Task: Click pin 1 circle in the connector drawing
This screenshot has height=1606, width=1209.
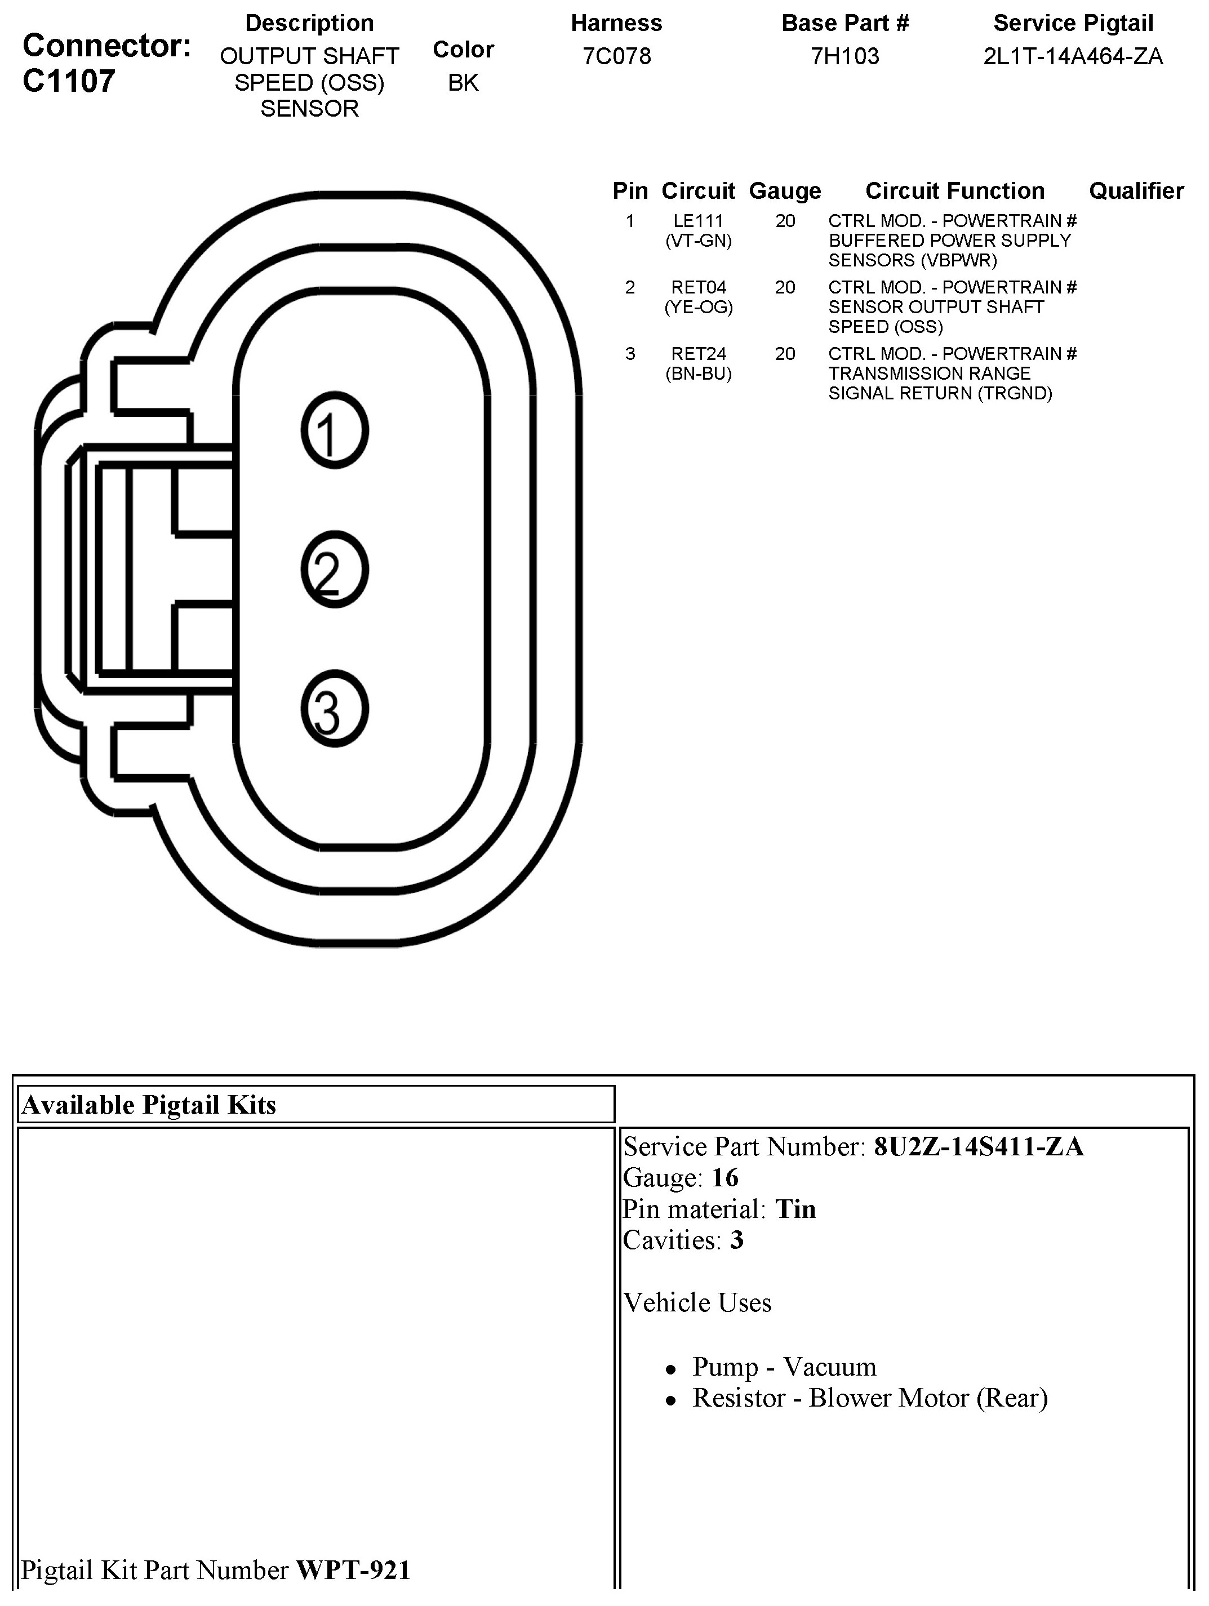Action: pos(335,430)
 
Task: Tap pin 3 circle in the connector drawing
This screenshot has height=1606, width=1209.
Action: pos(335,709)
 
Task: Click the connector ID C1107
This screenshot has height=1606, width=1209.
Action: pos(69,81)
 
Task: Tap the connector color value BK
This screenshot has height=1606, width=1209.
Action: pos(463,83)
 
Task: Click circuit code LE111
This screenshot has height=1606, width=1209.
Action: pos(698,221)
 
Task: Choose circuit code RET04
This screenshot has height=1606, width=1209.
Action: pos(698,287)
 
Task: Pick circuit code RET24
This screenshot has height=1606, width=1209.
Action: pos(698,354)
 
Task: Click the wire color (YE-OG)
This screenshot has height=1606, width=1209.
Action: pos(699,307)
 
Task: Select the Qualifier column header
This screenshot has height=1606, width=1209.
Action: pos(1136,191)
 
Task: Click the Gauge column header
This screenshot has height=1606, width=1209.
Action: pos(785,191)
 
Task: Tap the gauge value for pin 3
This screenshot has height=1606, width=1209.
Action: pos(785,354)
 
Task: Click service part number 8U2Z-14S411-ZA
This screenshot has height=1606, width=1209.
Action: pos(978,1147)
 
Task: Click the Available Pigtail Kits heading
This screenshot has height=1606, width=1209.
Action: pos(149,1105)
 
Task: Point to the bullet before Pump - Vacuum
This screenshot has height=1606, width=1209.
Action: pos(671,1369)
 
